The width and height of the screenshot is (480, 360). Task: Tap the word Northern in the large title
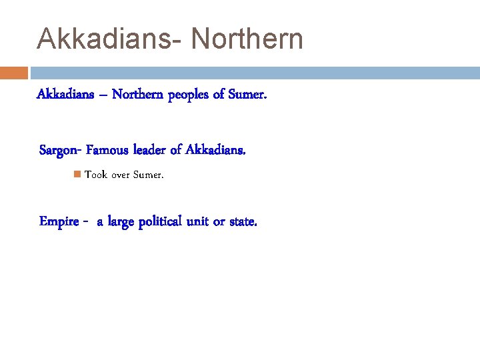tap(247, 39)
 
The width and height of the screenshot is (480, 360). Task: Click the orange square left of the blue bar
tap(13, 73)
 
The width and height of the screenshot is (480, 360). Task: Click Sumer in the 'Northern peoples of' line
tap(248, 95)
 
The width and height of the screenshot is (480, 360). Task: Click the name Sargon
tap(59, 151)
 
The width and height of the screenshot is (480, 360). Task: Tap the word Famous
tap(109, 151)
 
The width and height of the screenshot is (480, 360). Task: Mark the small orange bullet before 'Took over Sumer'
tap(77, 175)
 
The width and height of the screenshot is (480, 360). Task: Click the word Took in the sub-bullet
tap(96, 175)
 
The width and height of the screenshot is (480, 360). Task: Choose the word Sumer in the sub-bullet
tap(148, 175)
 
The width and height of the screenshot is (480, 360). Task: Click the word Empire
tap(60, 222)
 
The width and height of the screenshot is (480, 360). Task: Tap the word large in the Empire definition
tap(119, 222)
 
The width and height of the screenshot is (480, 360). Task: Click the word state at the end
tap(242, 222)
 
